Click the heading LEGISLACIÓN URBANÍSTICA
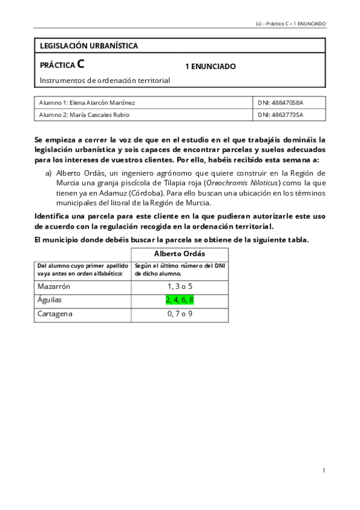coord(88,46)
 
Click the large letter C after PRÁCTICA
coord(81,64)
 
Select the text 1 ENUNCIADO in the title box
coord(210,66)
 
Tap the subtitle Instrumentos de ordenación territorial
coord(105,80)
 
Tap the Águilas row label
coord(50,300)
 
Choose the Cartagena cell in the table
coord(56,314)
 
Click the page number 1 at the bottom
coord(323,470)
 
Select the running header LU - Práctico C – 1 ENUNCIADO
coord(290,23)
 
